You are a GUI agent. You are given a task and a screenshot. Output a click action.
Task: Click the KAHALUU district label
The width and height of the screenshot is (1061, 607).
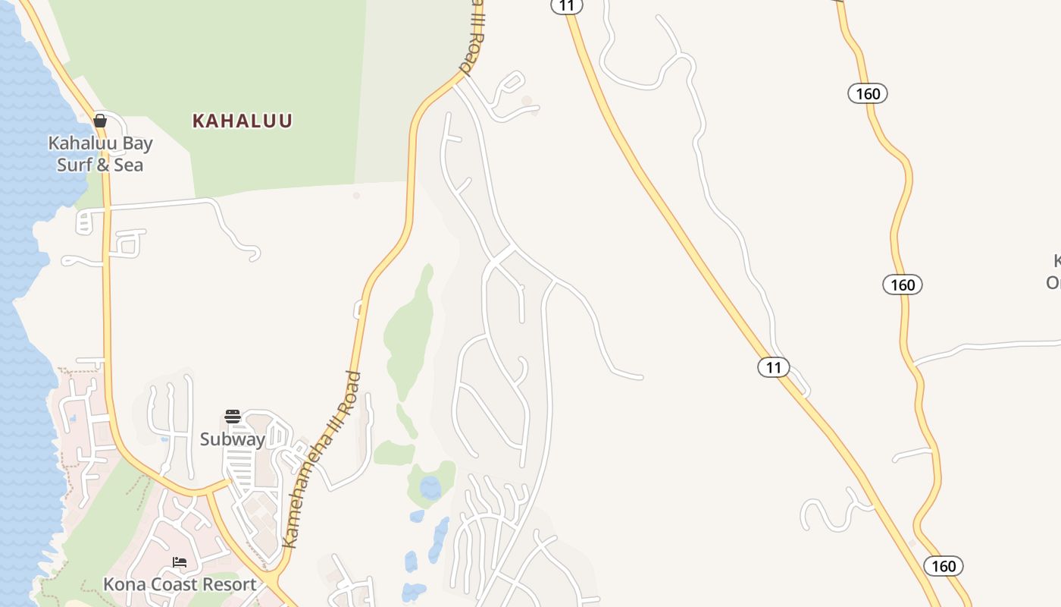point(242,121)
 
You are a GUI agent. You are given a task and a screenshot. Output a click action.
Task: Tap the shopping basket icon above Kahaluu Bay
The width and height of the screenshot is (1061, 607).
point(99,120)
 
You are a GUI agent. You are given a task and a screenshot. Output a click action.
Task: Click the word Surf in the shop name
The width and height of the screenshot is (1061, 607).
point(75,165)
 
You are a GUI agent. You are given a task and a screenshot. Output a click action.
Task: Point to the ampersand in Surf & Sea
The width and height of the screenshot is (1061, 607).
point(105,165)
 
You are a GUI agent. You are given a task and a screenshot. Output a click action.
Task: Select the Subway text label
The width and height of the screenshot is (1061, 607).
point(233,439)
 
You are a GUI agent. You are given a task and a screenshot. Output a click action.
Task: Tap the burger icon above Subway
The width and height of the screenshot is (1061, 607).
point(233,417)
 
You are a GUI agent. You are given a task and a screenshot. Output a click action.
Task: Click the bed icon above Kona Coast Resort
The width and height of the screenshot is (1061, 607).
point(180,562)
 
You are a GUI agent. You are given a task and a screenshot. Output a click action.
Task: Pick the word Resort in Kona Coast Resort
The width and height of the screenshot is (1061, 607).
point(226,584)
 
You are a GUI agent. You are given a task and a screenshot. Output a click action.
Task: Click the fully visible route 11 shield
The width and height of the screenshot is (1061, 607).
point(773,368)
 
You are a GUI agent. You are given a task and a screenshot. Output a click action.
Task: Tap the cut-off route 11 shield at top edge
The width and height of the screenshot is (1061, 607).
point(566,6)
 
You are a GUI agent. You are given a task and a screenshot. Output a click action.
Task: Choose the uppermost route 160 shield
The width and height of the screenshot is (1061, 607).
point(868,93)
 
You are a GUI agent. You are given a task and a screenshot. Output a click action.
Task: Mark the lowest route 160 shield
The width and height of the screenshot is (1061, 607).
point(944,566)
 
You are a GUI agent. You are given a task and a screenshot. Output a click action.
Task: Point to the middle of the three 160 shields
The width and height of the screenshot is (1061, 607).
point(903,285)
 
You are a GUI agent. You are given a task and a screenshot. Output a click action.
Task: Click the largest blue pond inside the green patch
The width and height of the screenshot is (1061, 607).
point(430,488)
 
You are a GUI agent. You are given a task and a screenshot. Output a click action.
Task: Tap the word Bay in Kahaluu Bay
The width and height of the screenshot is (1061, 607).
point(137,143)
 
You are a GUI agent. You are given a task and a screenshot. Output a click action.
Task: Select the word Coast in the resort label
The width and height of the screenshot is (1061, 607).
point(171,584)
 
